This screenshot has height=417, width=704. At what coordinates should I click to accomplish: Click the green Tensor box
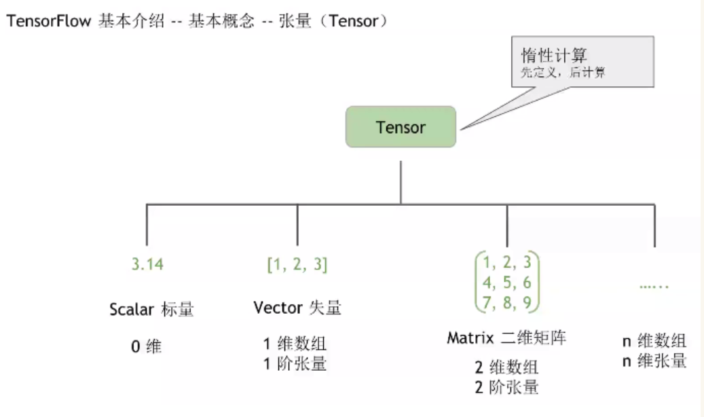coord(401,127)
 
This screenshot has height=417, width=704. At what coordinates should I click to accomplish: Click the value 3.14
coord(147,264)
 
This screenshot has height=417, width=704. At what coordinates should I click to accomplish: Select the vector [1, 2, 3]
coord(297,264)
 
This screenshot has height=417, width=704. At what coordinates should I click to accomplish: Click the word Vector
coord(277,308)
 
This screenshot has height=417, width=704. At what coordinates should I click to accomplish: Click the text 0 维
coord(147,347)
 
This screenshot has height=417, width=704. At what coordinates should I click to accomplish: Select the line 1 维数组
coord(295,344)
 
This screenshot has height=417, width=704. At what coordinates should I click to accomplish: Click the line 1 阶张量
coord(295,364)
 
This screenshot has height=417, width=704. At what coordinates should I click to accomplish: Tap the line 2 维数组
coord(506,368)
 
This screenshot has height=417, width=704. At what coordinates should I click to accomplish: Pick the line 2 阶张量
coord(506,388)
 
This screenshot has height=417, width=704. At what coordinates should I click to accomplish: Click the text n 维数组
coord(654,341)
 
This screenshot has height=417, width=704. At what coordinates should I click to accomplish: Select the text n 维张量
coord(654,361)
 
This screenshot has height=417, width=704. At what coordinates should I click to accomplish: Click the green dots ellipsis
coord(654,286)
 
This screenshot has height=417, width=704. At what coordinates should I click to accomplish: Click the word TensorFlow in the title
coord(48,21)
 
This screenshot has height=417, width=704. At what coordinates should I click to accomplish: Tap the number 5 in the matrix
coord(507,283)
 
